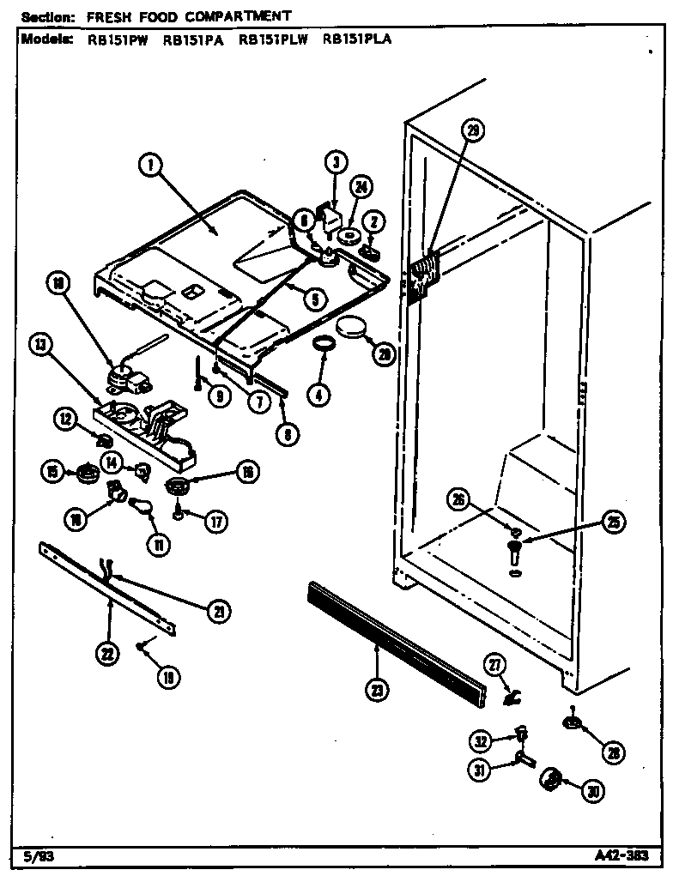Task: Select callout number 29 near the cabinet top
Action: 471,131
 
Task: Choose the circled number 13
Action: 40,345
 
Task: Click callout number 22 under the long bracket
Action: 106,654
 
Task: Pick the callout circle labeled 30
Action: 591,792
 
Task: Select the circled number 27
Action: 496,663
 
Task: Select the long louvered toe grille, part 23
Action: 395,637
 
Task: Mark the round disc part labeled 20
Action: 351,328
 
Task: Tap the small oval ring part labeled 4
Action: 323,344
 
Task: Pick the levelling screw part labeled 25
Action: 514,548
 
